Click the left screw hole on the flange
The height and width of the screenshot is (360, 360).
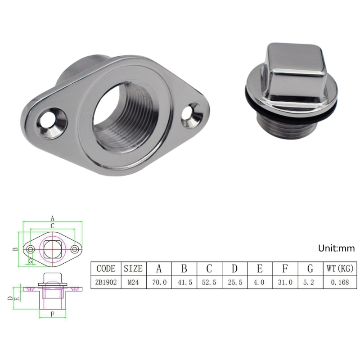pos(47,119)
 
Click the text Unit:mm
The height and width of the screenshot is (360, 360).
pos(337,248)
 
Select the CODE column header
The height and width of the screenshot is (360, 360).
pos(106,269)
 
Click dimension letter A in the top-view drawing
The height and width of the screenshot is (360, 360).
pos(52,218)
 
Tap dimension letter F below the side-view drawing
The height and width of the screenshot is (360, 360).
pos(53,314)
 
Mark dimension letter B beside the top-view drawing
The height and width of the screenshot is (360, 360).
pos(15,249)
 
